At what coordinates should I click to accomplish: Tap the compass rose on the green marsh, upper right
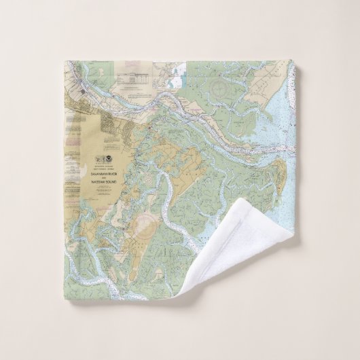pyautogui.click(x=221, y=86)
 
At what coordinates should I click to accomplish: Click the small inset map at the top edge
pyautogui.click(x=168, y=73)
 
